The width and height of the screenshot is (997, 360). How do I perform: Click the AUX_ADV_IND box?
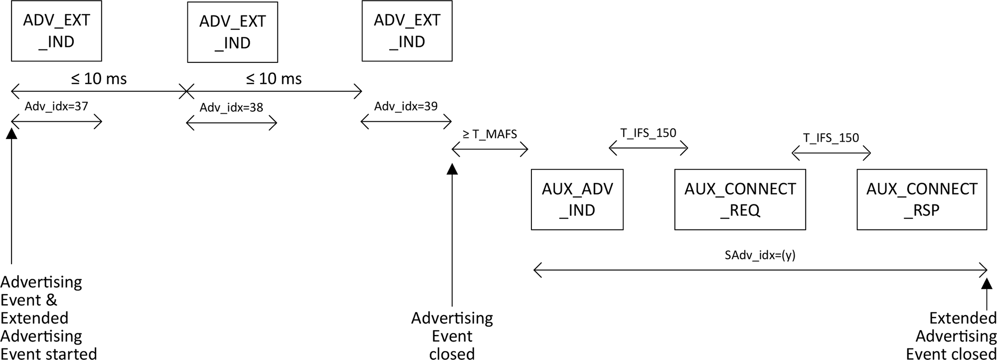click(x=577, y=199)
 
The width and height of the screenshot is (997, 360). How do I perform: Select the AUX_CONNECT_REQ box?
click(x=740, y=199)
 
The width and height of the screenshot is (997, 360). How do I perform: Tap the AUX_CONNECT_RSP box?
click(x=921, y=199)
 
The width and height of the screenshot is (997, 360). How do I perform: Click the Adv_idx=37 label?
click(x=56, y=106)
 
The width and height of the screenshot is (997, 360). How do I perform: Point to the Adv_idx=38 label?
click(x=231, y=108)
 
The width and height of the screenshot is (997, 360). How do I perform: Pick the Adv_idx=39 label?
click(x=406, y=106)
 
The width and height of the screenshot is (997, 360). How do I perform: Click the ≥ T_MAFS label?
click(x=490, y=134)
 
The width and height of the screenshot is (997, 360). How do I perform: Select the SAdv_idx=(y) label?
click(x=760, y=255)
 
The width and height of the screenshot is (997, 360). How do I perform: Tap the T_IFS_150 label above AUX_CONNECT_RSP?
click(x=831, y=138)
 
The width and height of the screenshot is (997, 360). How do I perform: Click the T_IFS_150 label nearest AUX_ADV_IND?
click(x=648, y=133)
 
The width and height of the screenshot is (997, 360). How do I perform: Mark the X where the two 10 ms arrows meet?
click(x=186, y=91)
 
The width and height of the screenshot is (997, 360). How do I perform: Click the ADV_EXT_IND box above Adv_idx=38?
click(x=232, y=32)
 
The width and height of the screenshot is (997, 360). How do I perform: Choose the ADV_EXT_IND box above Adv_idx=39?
click(x=407, y=31)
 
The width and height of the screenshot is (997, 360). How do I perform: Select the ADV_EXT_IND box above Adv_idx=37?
click(x=56, y=31)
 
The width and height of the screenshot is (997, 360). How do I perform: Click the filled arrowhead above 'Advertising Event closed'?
click(x=452, y=169)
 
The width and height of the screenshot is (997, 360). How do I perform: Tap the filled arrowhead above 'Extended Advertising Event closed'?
click(x=987, y=283)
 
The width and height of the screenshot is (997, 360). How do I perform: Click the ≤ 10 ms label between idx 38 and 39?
click(x=274, y=79)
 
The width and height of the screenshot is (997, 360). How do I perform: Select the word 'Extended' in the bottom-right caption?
click(x=963, y=318)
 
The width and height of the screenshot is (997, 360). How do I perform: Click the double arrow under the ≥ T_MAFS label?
click(x=490, y=149)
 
